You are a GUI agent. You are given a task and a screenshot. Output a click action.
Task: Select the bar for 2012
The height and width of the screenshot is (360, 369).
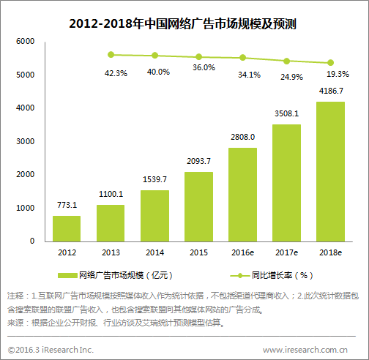point(67,228)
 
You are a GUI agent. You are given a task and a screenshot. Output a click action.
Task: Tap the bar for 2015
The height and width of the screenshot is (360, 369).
point(198,206)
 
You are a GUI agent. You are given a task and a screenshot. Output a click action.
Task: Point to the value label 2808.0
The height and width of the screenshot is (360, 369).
point(242,137)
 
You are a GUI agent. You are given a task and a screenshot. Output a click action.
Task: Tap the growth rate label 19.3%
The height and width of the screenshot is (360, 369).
point(338,75)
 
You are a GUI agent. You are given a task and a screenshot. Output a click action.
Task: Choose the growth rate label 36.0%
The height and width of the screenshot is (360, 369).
point(204,68)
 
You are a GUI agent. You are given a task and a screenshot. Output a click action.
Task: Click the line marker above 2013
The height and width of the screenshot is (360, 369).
point(111,54)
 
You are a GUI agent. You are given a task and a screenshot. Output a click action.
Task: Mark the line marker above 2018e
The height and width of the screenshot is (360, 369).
point(330,63)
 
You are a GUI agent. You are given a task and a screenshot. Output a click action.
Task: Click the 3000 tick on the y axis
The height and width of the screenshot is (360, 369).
point(25,141)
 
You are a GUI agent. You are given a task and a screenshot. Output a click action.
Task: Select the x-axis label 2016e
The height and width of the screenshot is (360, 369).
point(242,252)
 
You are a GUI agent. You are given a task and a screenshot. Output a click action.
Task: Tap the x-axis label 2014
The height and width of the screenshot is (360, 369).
point(154,252)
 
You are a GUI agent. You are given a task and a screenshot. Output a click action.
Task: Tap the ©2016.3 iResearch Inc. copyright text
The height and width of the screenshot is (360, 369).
point(51,350)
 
